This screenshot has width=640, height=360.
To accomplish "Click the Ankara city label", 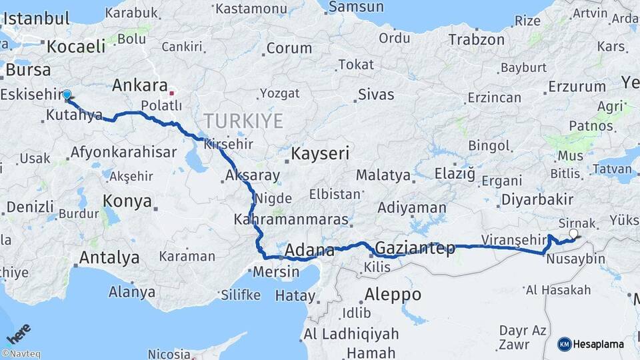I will click(x=139, y=85).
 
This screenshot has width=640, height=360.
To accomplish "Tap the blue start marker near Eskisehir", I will click(x=67, y=95).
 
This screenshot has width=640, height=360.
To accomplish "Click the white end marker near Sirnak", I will click(x=573, y=234).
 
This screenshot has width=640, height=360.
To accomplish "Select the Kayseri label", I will click(x=320, y=154).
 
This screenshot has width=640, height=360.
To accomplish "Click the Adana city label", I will click(x=309, y=251).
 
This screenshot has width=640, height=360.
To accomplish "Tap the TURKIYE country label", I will click(x=243, y=121).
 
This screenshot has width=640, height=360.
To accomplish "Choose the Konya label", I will click(x=127, y=201).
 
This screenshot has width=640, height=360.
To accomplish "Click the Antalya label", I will click(x=109, y=257).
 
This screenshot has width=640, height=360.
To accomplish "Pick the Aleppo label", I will click(x=393, y=294).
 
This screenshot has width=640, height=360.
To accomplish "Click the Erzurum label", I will click(x=577, y=87).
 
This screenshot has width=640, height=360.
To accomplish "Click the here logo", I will click(x=18, y=331).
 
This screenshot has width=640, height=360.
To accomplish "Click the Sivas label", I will click(x=376, y=95).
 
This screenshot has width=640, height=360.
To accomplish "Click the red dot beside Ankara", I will click(x=171, y=93).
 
